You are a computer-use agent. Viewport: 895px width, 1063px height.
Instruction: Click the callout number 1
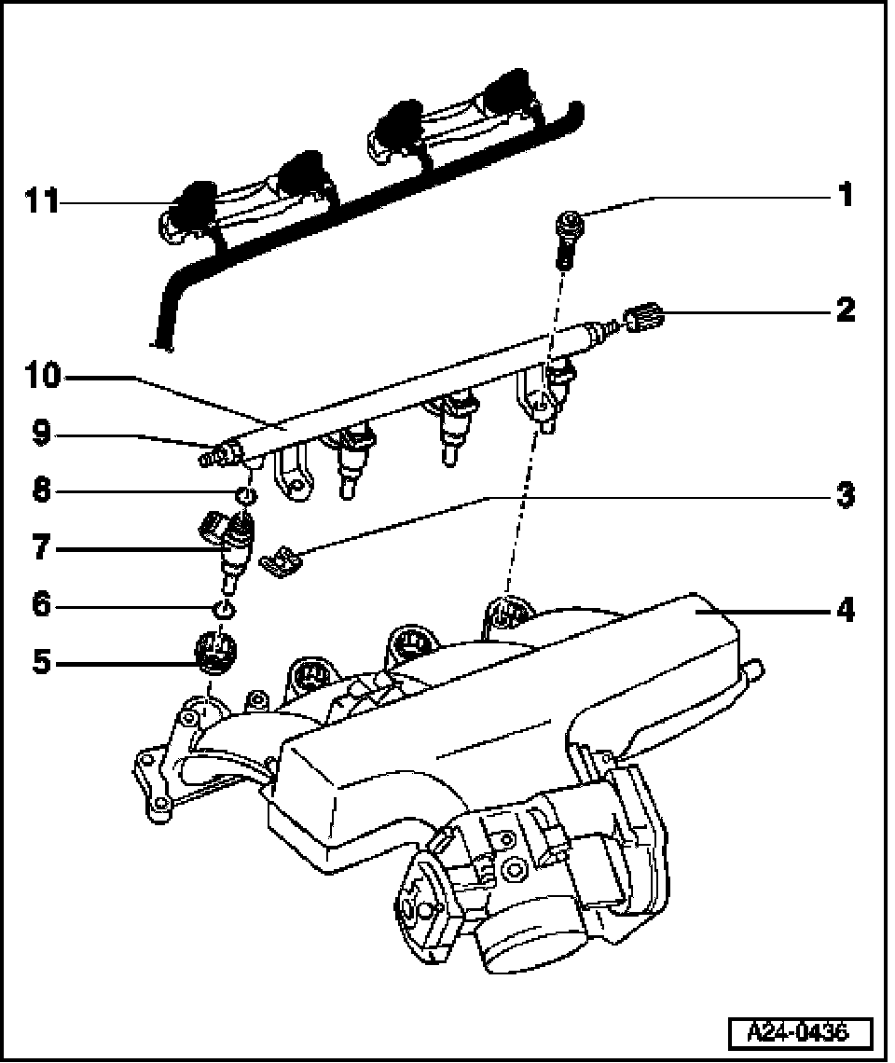click(x=845, y=197)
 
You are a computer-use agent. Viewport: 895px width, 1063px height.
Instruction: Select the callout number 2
click(x=845, y=310)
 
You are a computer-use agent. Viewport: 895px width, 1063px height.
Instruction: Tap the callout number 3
click(x=845, y=495)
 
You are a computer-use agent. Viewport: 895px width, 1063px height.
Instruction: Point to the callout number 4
click(x=845, y=611)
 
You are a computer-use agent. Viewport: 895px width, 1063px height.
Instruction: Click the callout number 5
click(x=41, y=663)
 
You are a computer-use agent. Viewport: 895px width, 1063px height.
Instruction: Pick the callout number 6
click(x=41, y=606)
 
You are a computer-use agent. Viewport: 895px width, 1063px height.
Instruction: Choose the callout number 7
click(x=41, y=548)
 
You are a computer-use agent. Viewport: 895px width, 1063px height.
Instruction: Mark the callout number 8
click(x=41, y=491)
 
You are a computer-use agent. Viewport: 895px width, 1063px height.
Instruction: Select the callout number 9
click(x=41, y=434)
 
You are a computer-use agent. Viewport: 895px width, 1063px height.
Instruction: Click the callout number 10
click(x=43, y=377)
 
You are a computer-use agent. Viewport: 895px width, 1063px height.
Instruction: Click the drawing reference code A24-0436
click(x=800, y=1032)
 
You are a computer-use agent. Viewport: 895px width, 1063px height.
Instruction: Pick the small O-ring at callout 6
click(x=224, y=610)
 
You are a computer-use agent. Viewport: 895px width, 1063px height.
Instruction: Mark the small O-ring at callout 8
click(x=244, y=493)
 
